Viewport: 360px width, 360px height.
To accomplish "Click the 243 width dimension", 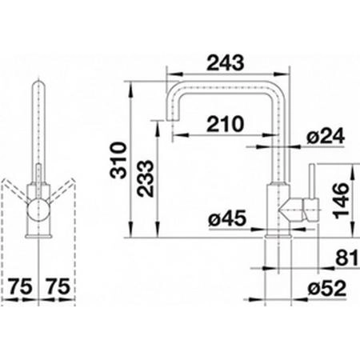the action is click(226, 62).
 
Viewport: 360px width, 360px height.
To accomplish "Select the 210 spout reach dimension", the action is click(226, 124).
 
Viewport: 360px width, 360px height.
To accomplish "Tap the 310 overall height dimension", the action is click(118, 160).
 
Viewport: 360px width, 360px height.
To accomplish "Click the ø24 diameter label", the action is click(326, 136).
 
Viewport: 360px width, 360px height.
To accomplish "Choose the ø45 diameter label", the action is click(227, 218).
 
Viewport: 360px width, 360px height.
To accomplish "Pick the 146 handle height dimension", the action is click(342, 201).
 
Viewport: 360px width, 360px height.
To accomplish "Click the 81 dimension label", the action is click(346, 258).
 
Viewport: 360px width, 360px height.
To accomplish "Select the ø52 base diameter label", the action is click(327, 289).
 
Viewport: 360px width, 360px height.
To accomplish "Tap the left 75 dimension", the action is click(20, 286).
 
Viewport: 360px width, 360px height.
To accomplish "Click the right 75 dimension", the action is click(58, 286).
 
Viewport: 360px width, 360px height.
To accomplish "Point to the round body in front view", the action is click(38, 210).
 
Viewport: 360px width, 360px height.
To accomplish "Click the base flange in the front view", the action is click(38, 236).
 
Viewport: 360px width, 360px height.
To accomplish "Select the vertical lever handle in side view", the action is click(312, 182).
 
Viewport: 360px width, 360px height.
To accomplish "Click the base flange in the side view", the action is click(278, 236).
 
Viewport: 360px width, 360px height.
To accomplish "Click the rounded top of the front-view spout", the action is click(38, 82).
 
